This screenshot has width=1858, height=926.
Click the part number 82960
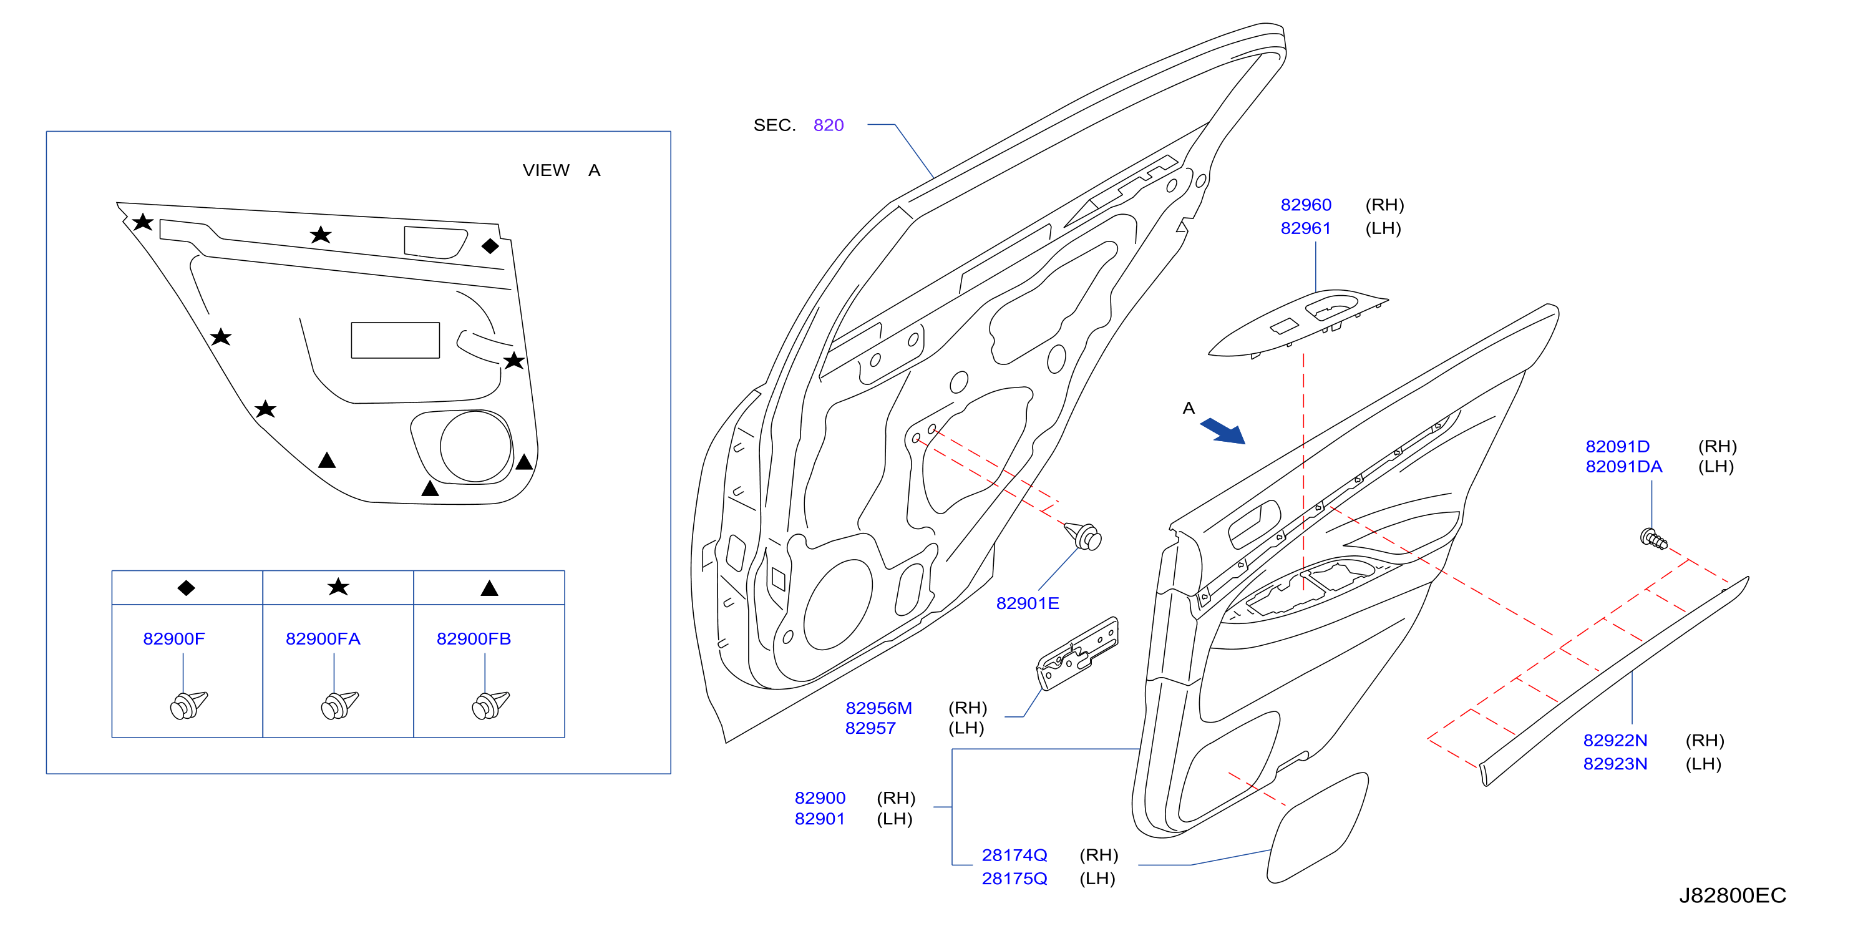pos(1305,205)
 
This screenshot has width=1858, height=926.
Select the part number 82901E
pos(1027,603)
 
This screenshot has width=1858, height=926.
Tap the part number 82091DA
pos(1623,467)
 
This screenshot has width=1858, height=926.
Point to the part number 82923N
pos(1615,764)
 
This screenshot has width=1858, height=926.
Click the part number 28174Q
pos(1014,855)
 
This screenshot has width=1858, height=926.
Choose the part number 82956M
pos(878,708)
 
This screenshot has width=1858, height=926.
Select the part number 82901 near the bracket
pos(819,819)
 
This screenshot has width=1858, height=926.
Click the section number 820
pos(828,125)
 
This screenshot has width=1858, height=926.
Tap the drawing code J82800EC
pos(1733,895)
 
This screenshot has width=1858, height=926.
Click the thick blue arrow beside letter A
pos(1223,431)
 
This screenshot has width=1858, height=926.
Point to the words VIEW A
pos(561,170)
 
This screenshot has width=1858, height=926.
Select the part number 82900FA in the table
pos(323,639)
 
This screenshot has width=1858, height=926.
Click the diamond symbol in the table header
pos(186,588)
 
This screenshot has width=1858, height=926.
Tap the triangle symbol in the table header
pos(489,588)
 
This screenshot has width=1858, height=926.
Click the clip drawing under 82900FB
pos(490,704)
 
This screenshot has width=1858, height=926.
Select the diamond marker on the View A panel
pos(490,246)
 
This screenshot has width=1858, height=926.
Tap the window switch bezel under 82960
pos(1298,324)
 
